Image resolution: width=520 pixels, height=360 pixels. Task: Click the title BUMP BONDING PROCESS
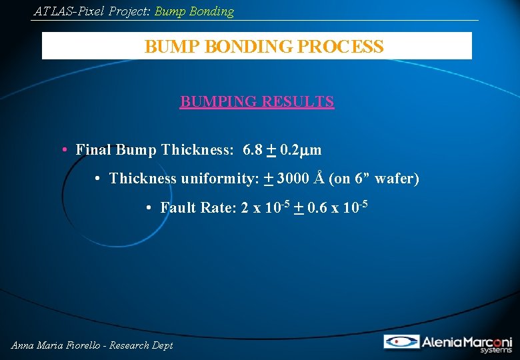pyautogui.click(x=264, y=47)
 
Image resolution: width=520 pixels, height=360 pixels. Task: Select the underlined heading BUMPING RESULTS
pyautogui.click(x=257, y=101)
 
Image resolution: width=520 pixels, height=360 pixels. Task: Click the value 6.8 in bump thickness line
pyautogui.click(x=253, y=149)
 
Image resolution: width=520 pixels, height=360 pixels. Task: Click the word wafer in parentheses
pyautogui.click(x=394, y=179)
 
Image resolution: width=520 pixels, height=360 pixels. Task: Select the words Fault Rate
pyautogui.click(x=194, y=208)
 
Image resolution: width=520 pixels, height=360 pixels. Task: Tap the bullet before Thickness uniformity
pyautogui.click(x=97, y=179)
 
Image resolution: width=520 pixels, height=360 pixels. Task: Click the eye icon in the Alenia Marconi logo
pyautogui.click(x=401, y=341)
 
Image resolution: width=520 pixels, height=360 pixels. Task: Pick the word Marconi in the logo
pyautogui.click(x=485, y=341)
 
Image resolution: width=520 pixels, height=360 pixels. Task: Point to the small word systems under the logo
pyautogui.click(x=498, y=350)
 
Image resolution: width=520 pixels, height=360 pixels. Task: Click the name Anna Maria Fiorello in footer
pyautogui.click(x=55, y=345)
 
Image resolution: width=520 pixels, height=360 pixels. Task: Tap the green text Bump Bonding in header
pyautogui.click(x=194, y=11)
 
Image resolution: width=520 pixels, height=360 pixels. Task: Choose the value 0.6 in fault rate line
pyautogui.click(x=317, y=208)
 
